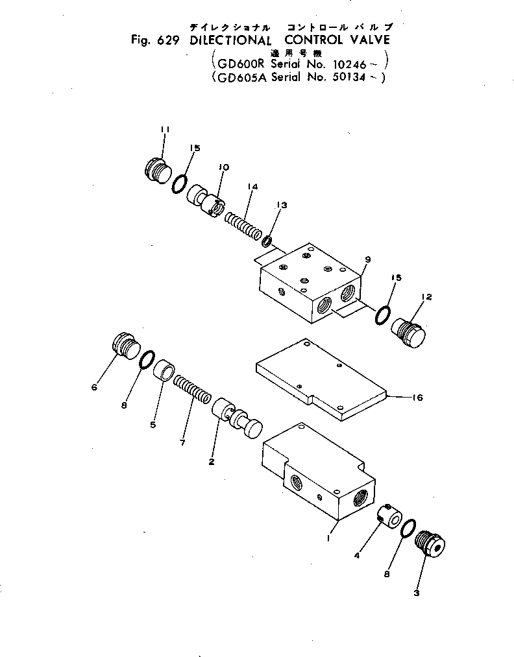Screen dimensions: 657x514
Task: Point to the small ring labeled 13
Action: tap(267, 242)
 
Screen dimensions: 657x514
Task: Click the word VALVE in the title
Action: tap(363, 38)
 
